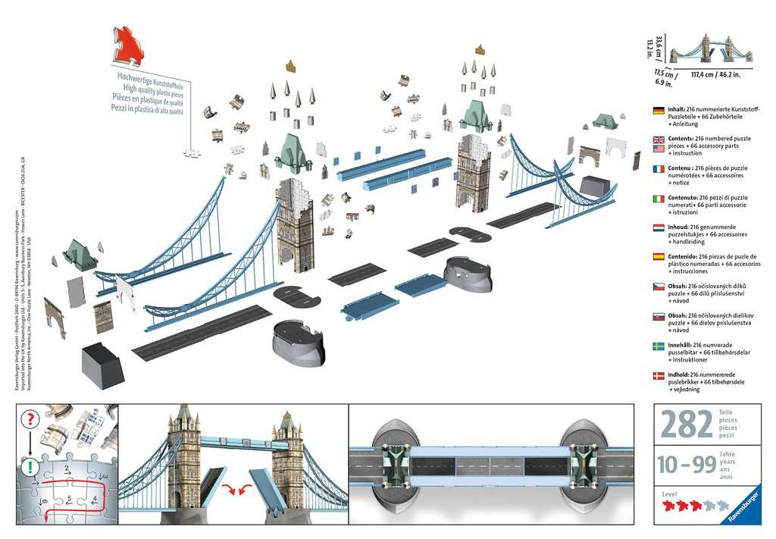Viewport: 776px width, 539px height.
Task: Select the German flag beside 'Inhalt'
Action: click(659, 110)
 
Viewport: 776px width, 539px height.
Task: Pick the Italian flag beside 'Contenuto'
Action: click(659, 198)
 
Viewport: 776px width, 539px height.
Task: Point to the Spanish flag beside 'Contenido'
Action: click(659, 257)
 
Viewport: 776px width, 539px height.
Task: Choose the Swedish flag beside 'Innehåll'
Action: click(659, 346)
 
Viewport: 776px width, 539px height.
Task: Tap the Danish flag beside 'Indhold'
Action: click(659, 375)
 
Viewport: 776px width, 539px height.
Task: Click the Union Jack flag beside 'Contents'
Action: click(659, 139)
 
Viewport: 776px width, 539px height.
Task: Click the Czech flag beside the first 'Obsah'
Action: click(659, 287)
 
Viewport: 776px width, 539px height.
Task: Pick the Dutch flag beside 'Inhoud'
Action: click(659, 227)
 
